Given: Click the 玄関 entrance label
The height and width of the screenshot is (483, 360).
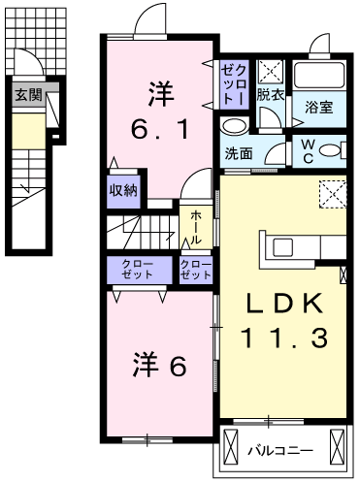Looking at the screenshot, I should click(x=26, y=95).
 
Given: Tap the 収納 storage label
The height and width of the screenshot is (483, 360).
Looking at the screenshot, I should click(x=123, y=189).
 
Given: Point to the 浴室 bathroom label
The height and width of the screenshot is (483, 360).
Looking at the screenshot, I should click(x=320, y=107).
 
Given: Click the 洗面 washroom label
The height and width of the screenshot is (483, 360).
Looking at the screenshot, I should click(x=241, y=152).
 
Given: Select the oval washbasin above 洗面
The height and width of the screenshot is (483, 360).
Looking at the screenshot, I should click(x=234, y=126).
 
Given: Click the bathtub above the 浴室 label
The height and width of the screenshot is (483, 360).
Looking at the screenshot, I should click(x=320, y=77).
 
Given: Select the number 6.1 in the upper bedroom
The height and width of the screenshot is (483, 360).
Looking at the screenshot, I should click(x=159, y=129).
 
